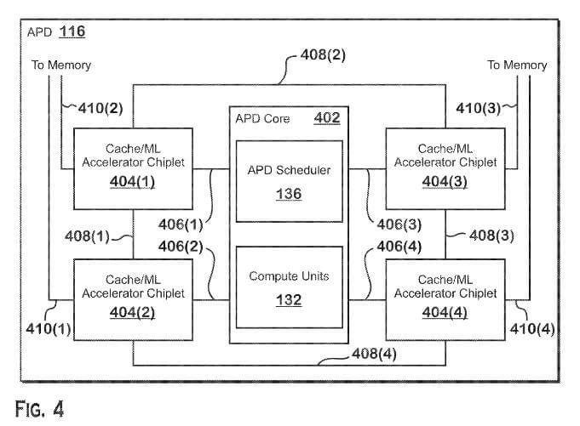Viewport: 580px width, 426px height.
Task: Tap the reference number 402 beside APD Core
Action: coord(327,118)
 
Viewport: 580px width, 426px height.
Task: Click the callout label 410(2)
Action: coord(100,107)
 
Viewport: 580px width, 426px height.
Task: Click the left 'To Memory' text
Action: coord(61,65)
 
